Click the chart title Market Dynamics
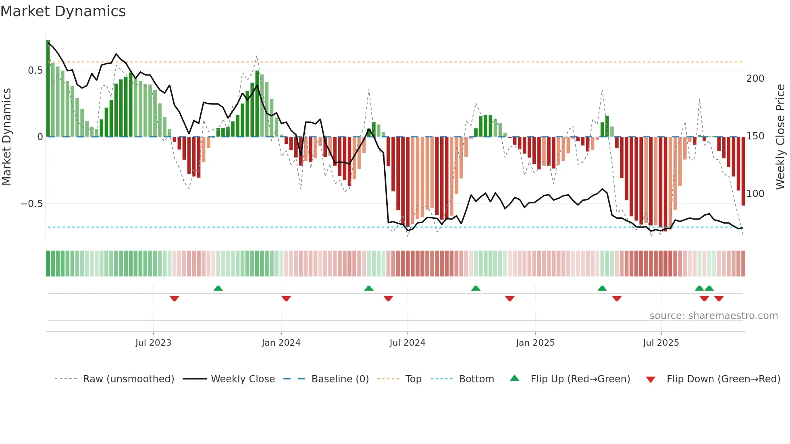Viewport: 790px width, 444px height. [63, 11]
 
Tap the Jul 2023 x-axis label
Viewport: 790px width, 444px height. [153, 343]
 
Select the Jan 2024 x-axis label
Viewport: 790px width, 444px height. [281, 343]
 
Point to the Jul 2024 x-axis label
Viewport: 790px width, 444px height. [407, 343]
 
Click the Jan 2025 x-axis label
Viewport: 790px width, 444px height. [535, 343]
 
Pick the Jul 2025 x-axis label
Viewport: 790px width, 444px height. [661, 343]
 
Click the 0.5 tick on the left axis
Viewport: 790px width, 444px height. [35, 71]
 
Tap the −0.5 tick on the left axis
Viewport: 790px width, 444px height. [32, 204]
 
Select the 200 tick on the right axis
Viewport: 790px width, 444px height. [755, 79]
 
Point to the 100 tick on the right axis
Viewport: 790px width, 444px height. [755, 194]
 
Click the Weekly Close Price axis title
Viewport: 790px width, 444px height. [780, 137]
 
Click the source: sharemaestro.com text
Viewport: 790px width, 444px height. [713, 316]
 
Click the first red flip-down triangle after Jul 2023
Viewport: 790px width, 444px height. [175, 299]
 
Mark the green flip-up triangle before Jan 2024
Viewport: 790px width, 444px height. [218, 288]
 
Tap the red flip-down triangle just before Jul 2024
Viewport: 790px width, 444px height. [388, 299]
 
